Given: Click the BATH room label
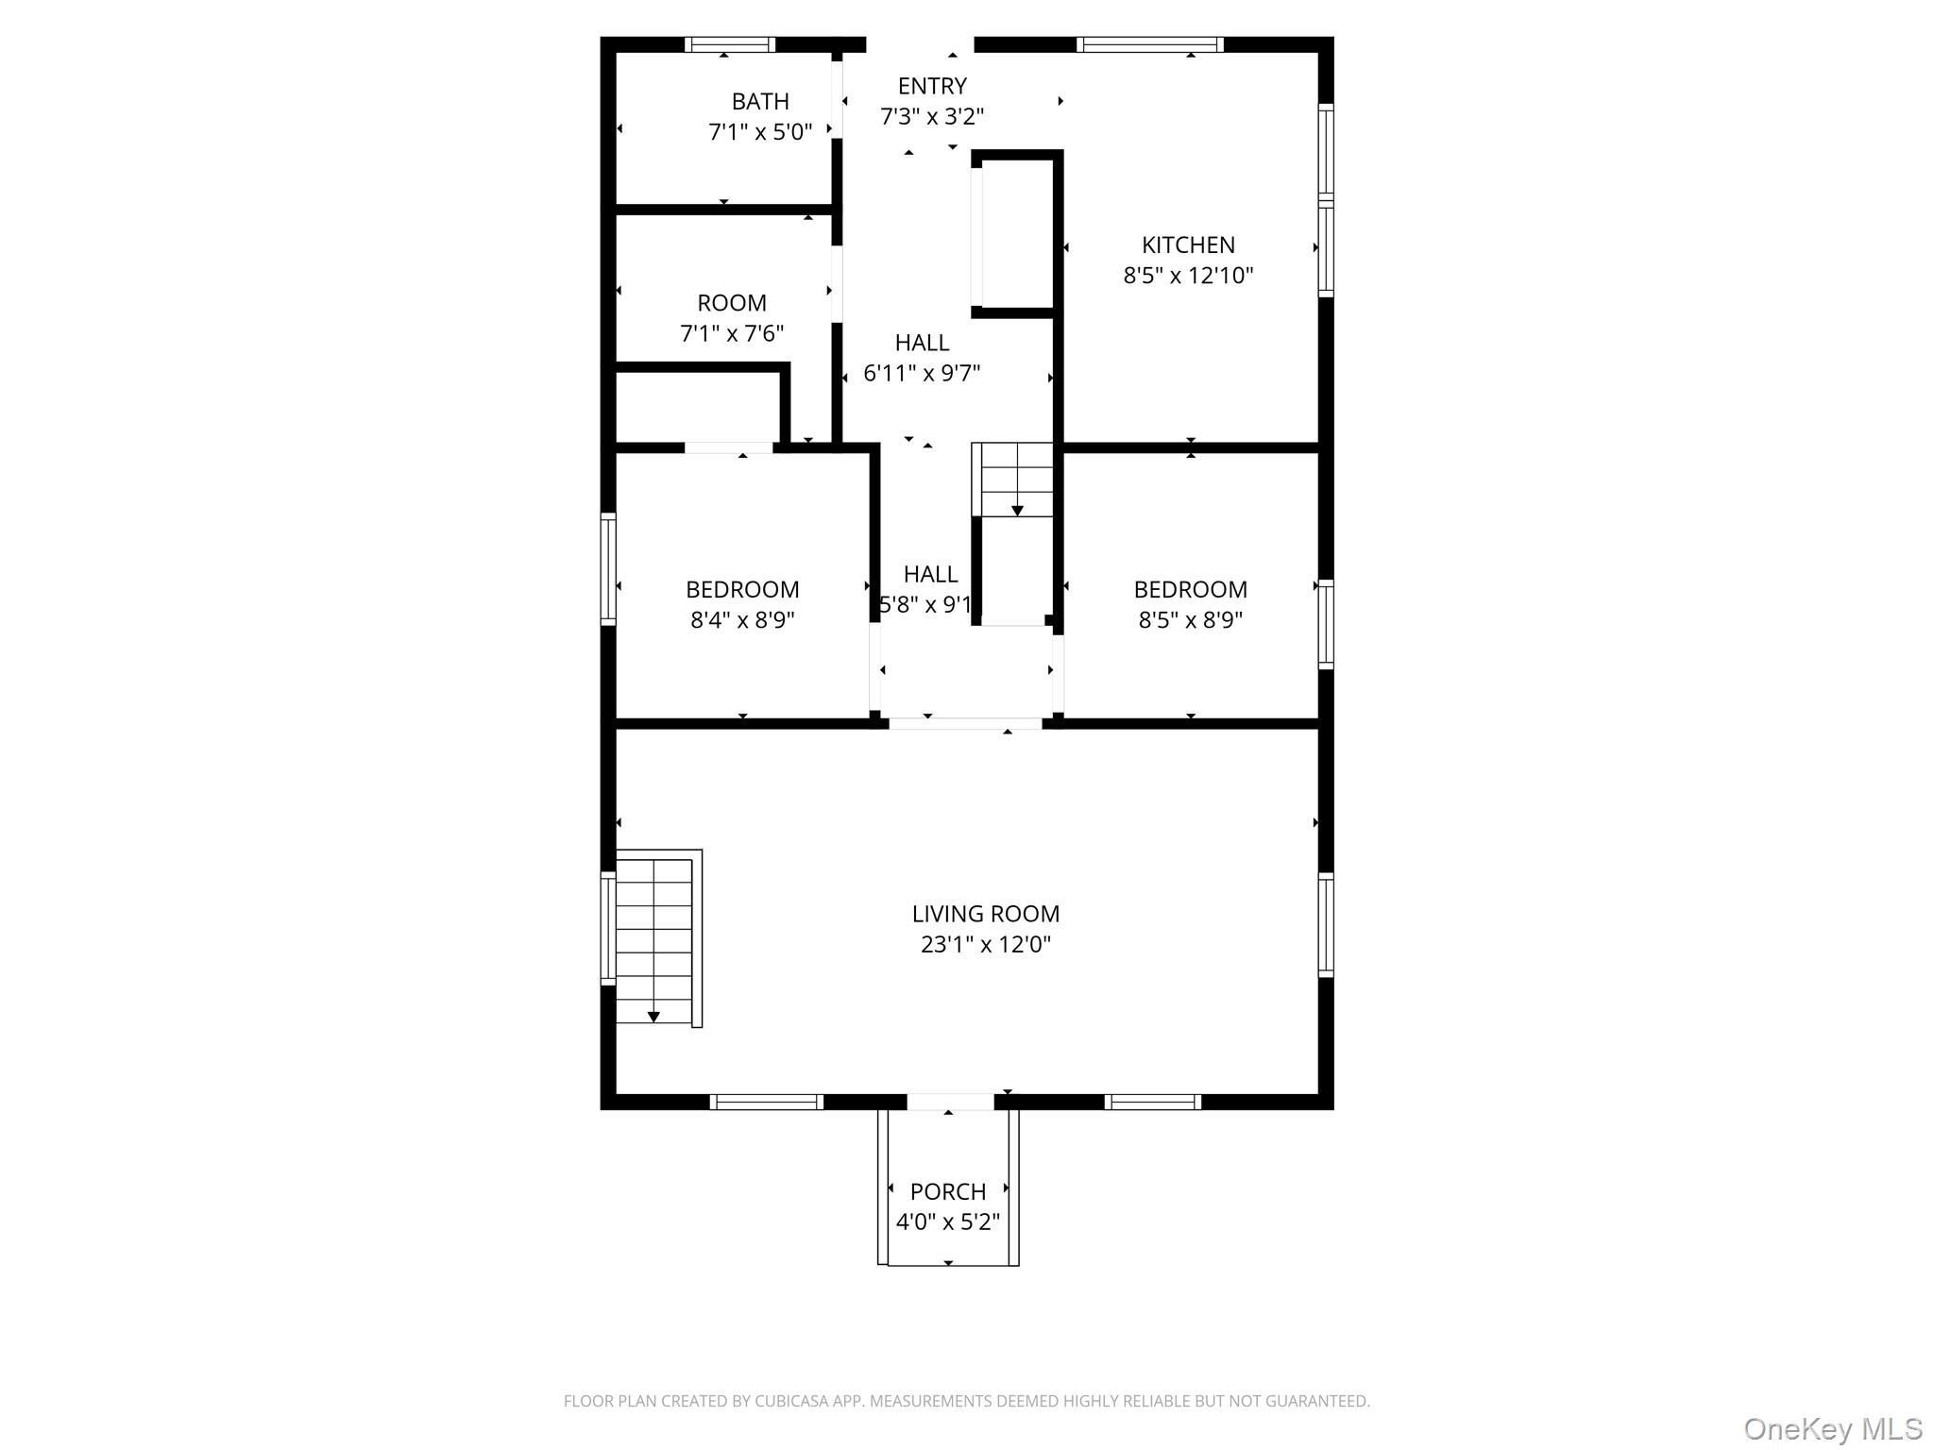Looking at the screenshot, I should pos(760,101).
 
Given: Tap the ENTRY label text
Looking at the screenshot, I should pos(932,86).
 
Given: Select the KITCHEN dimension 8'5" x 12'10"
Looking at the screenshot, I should pos(1188,276).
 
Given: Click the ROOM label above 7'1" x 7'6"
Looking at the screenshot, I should pos(732,303).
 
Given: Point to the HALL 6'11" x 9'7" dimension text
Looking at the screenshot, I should pos(922,373).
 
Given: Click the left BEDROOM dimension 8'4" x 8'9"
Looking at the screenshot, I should pos(742,620).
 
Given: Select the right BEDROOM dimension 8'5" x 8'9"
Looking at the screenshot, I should pos(1190,620).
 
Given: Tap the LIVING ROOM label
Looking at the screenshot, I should pos(985,914).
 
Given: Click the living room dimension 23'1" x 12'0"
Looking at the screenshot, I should pos(985,944).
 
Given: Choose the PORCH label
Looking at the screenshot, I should pos(948,1191).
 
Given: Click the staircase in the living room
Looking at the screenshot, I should pos(654,939).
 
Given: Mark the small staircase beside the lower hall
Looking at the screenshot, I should pos(1015,480).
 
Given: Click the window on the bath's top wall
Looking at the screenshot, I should pos(730,44).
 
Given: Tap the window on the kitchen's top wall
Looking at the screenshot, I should pos(1149,44).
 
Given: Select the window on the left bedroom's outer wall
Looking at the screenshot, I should pos(609,568).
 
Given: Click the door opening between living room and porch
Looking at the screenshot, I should pos(950,1102).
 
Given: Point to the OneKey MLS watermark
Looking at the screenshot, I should pos(1832,1428).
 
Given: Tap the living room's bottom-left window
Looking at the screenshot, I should pos(766,1102).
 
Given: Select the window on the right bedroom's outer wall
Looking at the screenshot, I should pos(1326,624).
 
